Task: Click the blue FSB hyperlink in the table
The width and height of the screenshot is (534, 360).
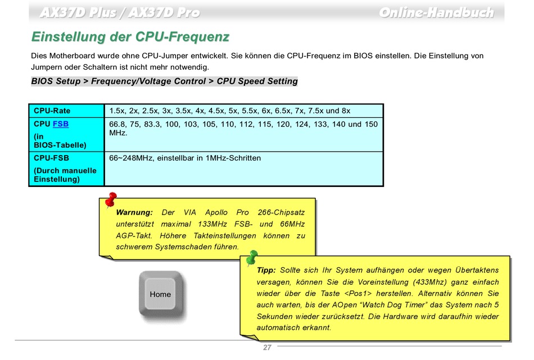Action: pos(61,124)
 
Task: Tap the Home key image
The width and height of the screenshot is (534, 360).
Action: pos(160,294)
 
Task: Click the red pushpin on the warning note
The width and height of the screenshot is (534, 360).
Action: pos(110,199)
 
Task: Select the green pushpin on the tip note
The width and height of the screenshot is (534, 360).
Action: pos(251,258)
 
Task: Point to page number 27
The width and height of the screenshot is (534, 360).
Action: pos(267,348)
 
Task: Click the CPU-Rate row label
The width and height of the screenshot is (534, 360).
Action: pos(52,111)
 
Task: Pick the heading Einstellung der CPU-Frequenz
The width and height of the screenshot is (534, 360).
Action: pos(130,37)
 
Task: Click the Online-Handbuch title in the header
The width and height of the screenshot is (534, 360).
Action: pos(436,12)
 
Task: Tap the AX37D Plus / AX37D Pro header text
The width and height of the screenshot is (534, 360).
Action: pos(120,12)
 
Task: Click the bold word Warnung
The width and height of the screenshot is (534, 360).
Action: pos(134,213)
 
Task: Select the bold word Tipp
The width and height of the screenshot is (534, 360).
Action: pos(266,270)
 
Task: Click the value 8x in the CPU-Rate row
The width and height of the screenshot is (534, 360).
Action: pos(345,111)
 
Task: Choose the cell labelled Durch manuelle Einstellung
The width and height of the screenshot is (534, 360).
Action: pos(65,175)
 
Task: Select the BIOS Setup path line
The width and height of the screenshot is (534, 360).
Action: pos(164,81)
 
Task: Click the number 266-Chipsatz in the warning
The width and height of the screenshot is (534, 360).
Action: pos(281,213)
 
